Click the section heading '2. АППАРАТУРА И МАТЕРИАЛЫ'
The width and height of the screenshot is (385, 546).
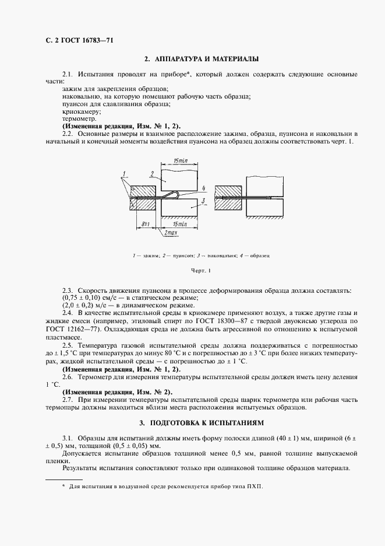tap(201, 59)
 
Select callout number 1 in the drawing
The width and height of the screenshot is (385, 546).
tap(124, 174)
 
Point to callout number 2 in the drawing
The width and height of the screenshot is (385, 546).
tap(151, 174)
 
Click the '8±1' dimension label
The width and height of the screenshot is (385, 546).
tap(146, 223)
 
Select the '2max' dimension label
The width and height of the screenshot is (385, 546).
tap(171, 233)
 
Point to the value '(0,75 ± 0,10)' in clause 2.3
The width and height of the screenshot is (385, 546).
tap(83, 298)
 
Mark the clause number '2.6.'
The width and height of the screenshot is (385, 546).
tap(69, 377)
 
